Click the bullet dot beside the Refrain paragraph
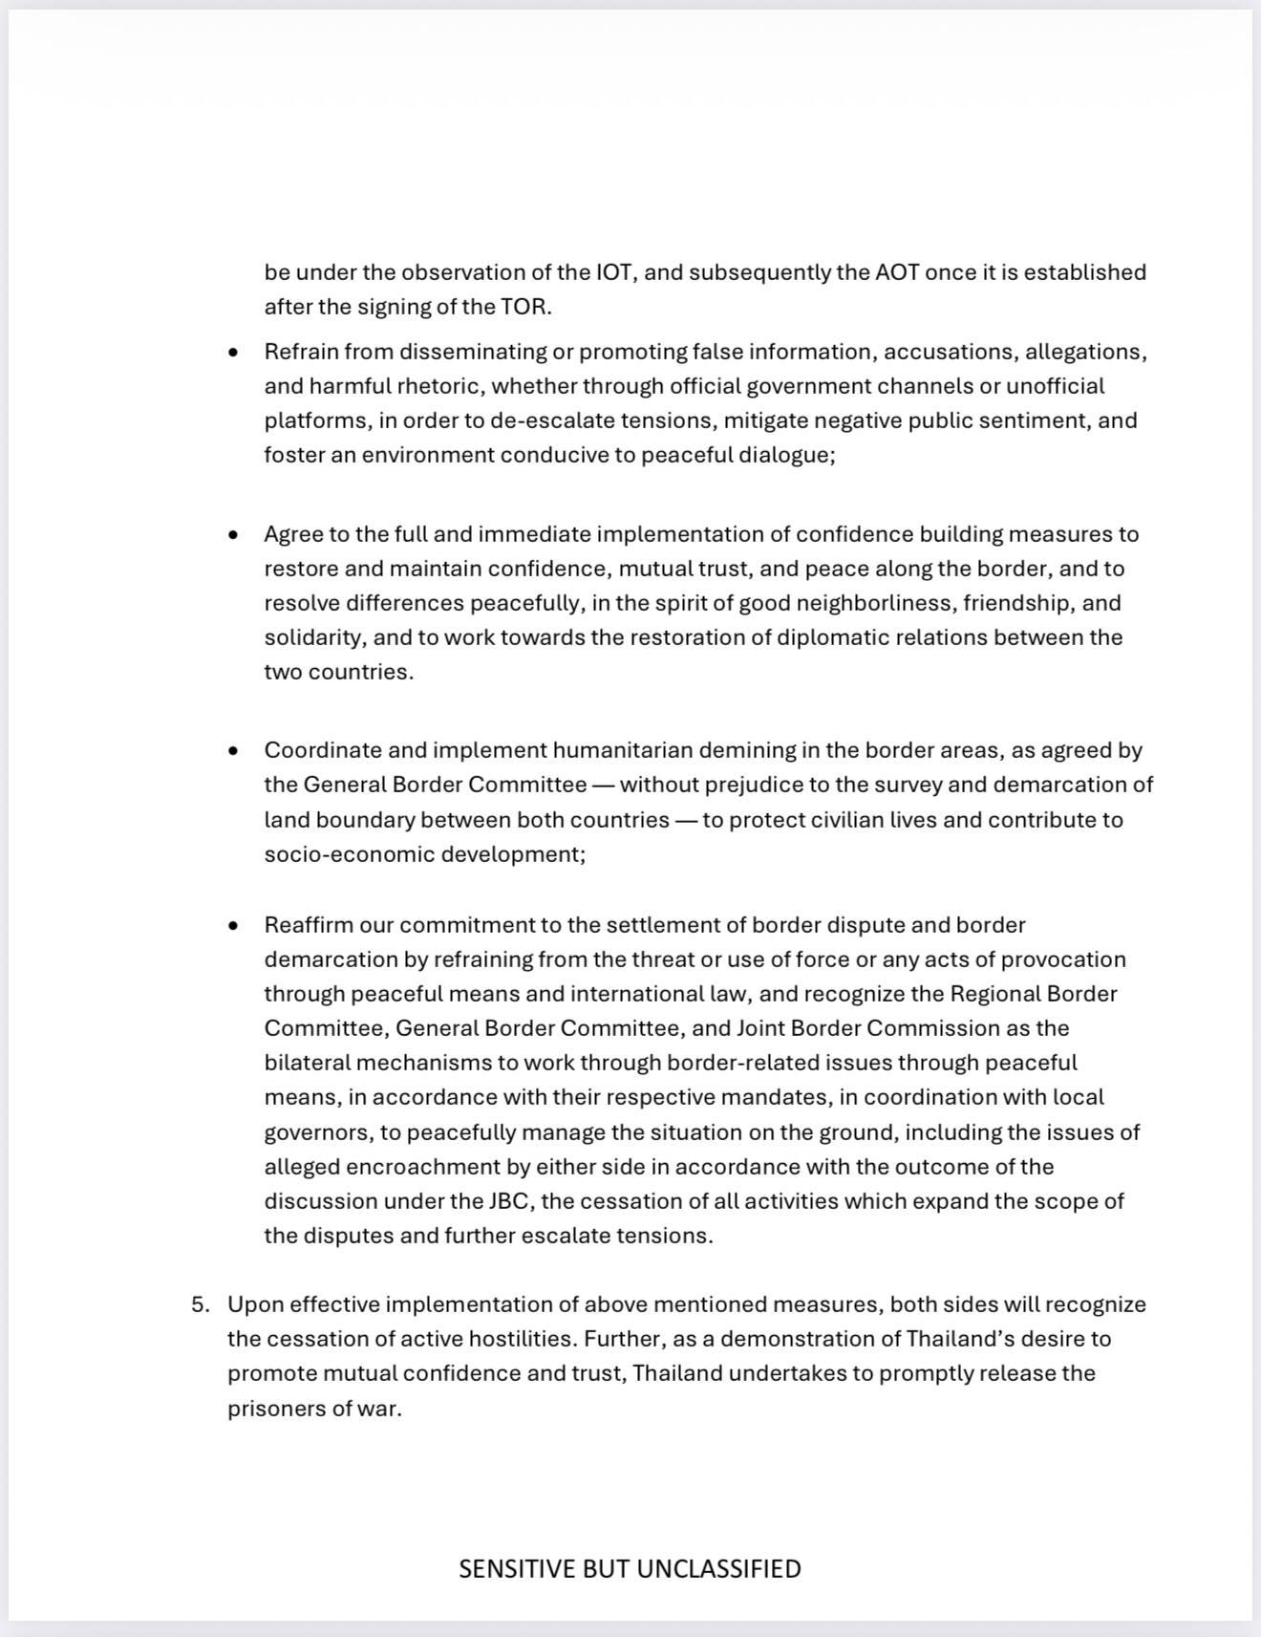tap(234, 353)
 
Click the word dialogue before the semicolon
tap(783, 455)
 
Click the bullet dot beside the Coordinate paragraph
tap(234, 751)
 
